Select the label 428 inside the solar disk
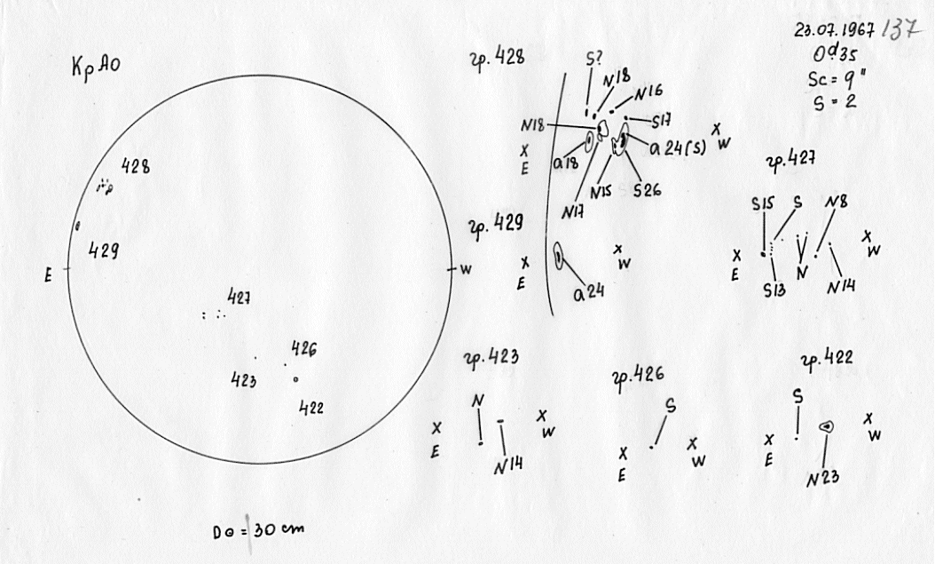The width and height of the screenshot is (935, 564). (x=135, y=166)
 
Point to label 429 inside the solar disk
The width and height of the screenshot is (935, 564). (x=105, y=251)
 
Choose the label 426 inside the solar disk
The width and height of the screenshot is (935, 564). (x=303, y=348)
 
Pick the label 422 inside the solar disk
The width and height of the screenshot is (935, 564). (x=310, y=408)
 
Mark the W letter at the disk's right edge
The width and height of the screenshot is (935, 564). (x=465, y=269)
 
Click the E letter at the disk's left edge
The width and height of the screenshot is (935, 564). (x=49, y=274)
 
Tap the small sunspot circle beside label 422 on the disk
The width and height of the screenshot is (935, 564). (x=295, y=380)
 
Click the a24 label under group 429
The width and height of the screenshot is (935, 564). (x=587, y=292)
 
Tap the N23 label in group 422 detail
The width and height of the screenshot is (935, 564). (x=823, y=480)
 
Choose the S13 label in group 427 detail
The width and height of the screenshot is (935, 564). (x=774, y=290)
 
